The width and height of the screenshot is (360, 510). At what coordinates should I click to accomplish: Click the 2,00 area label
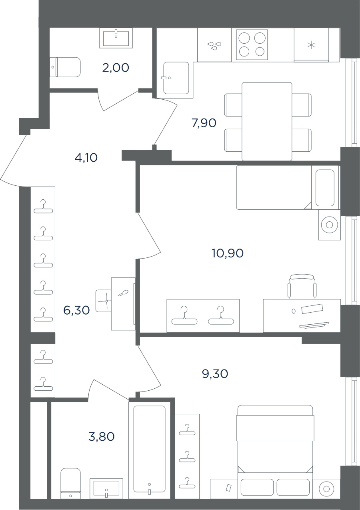pyautogui.click(x=116, y=68)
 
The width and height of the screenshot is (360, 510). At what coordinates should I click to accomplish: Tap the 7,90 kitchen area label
pyautogui.click(x=204, y=123)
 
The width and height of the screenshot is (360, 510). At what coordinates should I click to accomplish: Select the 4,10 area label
pyautogui.click(x=86, y=158)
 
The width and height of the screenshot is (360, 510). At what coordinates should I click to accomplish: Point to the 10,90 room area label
pyautogui.click(x=228, y=253)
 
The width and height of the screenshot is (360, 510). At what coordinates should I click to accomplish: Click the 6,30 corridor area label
pyautogui.click(x=76, y=310)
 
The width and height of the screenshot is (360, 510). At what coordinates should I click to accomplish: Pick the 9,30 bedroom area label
pyautogui.click(x=215, y=374)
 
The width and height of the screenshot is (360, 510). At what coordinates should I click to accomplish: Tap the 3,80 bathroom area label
pyautogui.click(x=102, y=437)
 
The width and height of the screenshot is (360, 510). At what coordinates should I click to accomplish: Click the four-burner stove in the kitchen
pyautogui.click(x=252, y=44)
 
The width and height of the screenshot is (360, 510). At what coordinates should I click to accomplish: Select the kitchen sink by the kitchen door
pyautogui.click(x=176, y=78)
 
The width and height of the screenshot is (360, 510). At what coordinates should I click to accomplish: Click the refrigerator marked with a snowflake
pyautogui.click(x=311, y=45)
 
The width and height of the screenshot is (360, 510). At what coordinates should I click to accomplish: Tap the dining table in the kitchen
pyautogui.click(x=267, y=121)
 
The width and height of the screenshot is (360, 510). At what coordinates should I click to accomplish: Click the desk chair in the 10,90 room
pyautogui.click(x=302, y=286)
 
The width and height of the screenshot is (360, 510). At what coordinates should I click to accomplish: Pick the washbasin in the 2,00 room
pyautogui.click(x=116, y=38)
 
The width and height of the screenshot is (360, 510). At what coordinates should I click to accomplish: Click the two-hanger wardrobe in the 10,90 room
pyautogui.click(x=203, y=315)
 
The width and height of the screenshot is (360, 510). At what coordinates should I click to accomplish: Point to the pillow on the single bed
pyautogui.click(x=325, y=188)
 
